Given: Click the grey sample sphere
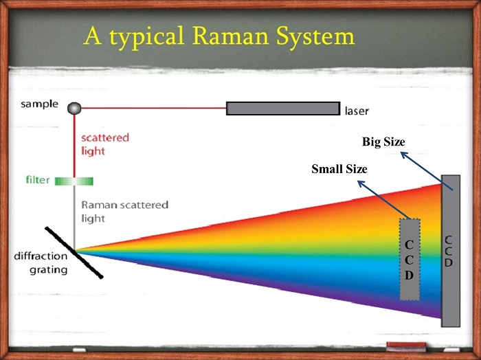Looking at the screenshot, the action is pos(74,109).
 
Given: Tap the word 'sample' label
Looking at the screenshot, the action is pos(39,104).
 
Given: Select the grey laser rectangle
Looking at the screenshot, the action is pos(283,109).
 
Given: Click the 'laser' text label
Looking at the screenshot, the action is pos(357,111).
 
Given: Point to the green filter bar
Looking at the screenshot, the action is pos(74,181).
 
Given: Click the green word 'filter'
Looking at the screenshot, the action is pos(37,179).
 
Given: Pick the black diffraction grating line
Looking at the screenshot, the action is pos(74,253).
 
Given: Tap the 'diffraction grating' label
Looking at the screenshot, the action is pos(41,263).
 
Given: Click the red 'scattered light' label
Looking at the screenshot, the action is pos(105,144).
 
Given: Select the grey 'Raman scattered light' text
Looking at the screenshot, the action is pos(124,212).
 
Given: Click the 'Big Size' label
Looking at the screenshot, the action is pos(383,142).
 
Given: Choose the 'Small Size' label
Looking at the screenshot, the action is pos(339,169).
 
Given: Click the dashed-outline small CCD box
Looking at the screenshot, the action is pos(410,259).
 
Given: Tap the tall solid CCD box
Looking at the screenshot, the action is pos(451,251).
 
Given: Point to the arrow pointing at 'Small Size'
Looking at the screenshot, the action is pos(384,200).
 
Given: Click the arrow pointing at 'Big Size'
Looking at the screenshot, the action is pos(427,171).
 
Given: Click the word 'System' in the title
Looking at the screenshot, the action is pos(315,37).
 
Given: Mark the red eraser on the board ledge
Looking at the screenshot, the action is pos(406,346).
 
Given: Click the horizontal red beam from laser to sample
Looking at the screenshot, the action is pos(154,108).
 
